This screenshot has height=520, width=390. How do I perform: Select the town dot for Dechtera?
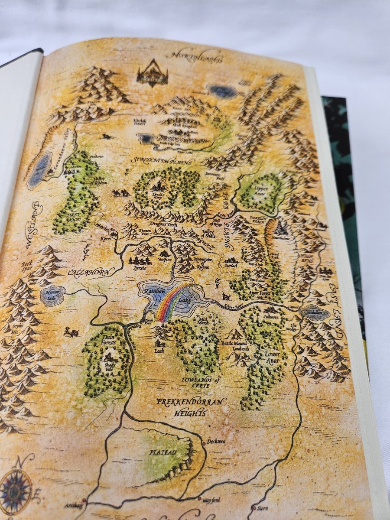204,443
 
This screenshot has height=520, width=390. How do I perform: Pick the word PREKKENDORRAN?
191,402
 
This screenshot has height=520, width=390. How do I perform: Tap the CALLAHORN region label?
84,273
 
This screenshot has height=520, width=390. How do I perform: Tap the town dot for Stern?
254,507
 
